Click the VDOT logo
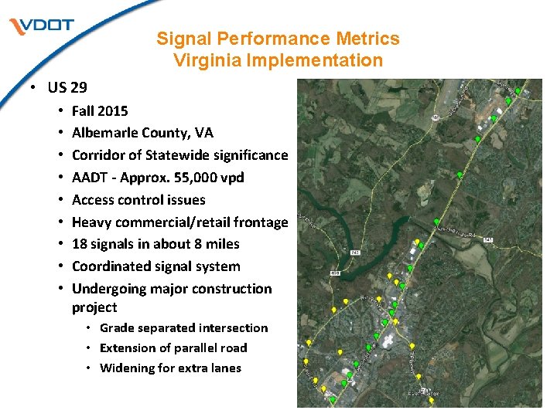point(42,25)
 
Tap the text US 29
point(67,87)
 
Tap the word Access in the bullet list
point(93,200)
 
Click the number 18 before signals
point(80,244)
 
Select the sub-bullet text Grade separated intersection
point(183,328)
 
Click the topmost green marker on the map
point(518,90)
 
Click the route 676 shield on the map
point(335,273)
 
